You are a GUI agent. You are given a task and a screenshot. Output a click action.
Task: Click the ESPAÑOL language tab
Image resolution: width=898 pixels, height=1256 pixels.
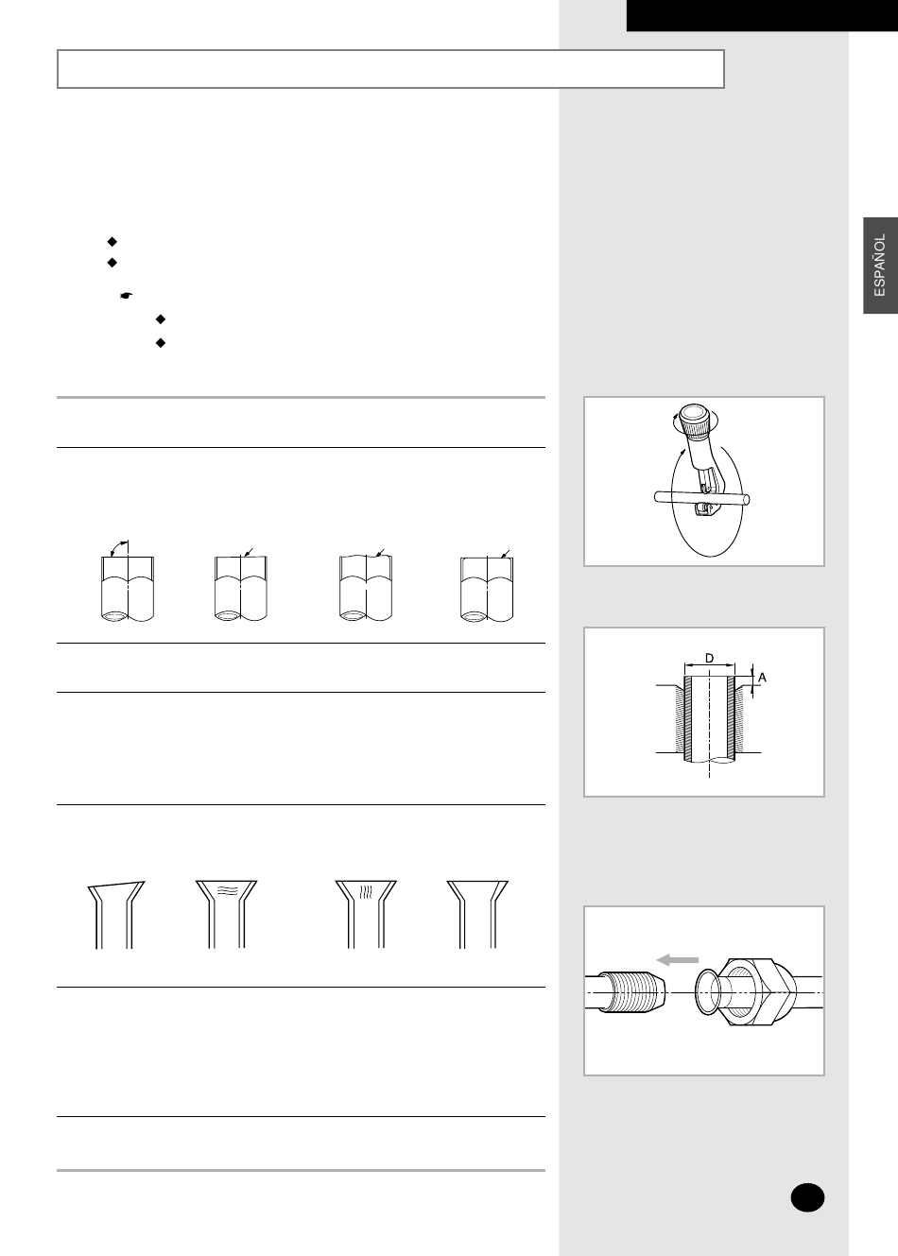coord(880,266)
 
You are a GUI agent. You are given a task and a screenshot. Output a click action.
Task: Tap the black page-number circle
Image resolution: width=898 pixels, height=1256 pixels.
coord(807,1197)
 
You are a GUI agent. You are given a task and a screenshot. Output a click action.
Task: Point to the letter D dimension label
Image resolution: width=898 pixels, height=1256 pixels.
coord(710,659)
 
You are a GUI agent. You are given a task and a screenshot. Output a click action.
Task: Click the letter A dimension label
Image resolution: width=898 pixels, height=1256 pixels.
coord(762,678)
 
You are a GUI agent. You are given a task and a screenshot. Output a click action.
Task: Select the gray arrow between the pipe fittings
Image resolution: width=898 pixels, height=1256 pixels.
coord(677,960)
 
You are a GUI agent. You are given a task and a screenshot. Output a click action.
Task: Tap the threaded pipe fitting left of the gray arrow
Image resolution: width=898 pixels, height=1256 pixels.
coord(626,992)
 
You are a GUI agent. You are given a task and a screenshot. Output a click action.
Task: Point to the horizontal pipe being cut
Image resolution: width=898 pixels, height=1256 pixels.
coord(702,497)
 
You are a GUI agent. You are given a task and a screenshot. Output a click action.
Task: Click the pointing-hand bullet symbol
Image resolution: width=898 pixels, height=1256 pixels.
coord(127,295)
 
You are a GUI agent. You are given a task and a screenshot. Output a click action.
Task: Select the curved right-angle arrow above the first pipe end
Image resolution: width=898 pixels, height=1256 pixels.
coord(118,545)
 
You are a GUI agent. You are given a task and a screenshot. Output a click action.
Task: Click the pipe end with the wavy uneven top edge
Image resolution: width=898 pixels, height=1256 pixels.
coord(366,588)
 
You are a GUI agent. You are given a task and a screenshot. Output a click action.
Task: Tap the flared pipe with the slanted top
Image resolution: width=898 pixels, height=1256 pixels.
coord(115,915)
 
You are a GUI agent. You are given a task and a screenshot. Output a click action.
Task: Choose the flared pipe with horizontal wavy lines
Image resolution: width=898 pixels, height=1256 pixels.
coord(226,915)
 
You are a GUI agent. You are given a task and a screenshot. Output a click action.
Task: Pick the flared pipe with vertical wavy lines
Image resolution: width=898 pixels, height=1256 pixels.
coord(366,915)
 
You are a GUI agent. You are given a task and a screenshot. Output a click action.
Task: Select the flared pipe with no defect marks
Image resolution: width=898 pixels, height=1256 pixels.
coord(477,915)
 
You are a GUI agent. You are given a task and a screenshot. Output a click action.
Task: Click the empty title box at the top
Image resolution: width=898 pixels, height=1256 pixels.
coord(390,69)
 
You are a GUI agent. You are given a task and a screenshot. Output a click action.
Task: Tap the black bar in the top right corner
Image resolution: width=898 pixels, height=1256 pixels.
coord(762,15)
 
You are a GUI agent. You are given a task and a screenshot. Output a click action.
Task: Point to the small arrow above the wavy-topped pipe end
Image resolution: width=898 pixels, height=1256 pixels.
coord(380,553)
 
